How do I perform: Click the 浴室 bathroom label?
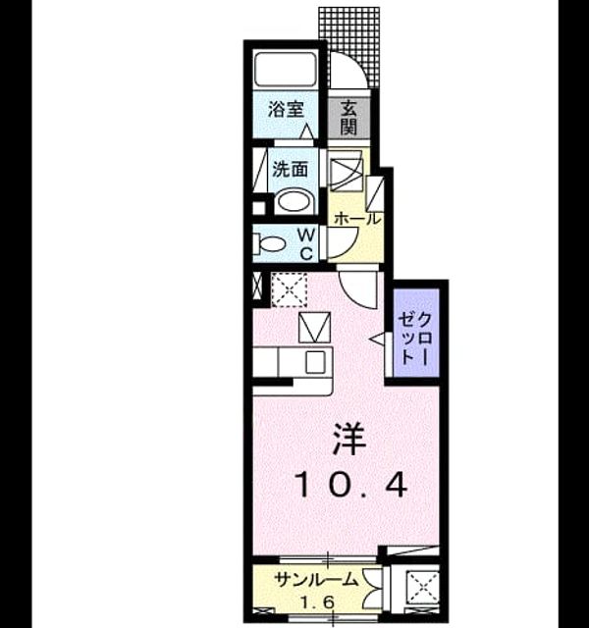286,109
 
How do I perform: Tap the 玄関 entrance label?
348,118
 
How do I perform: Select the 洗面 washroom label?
291,169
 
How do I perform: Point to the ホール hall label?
355,219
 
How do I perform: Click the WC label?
306,243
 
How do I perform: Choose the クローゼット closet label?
415,339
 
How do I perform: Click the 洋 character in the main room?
348,440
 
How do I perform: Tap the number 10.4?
351,485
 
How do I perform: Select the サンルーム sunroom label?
316,580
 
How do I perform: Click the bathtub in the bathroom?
286,69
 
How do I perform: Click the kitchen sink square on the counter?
316,362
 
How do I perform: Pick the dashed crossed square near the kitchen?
289,289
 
